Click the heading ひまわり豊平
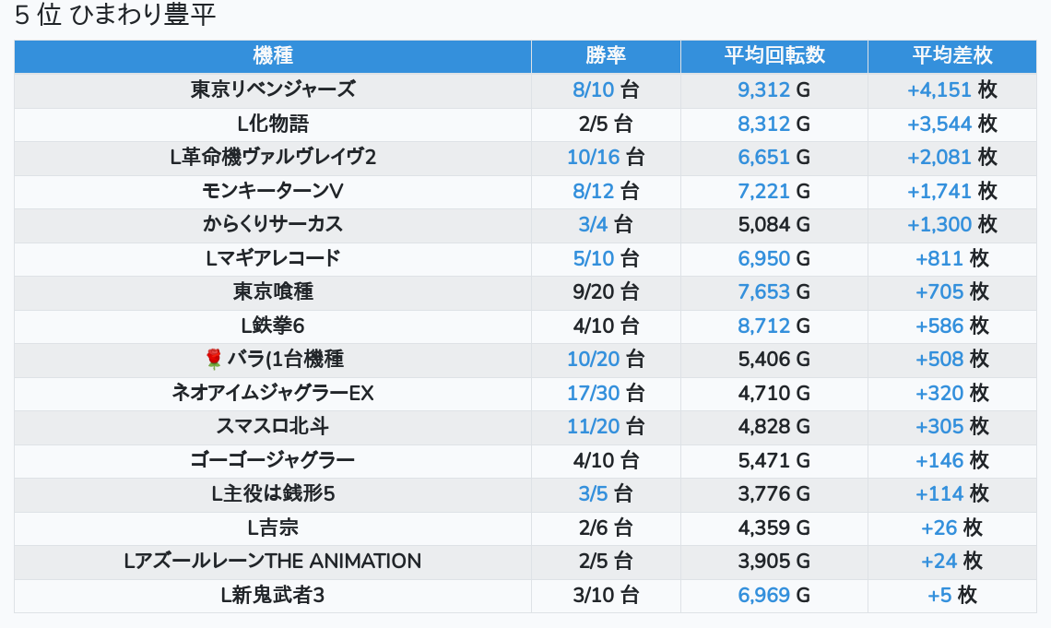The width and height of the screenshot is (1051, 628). point(114,16)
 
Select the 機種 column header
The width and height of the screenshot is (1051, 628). point(273,55)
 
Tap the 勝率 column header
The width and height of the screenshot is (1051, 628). point(606,55)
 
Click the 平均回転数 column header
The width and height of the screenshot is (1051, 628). point(773,55)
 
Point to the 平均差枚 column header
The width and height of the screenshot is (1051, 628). point(951,55)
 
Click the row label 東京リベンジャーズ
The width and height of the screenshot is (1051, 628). point(273,89)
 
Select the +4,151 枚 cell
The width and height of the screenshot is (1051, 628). point(951,90)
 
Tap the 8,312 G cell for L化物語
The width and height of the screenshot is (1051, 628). point(773,124)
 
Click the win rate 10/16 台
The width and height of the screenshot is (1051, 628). point(606,158)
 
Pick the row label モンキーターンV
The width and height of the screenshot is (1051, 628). point(273,191)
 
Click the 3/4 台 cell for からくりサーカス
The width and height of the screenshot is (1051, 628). point(606,225)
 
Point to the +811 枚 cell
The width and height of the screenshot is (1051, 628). point(951,258)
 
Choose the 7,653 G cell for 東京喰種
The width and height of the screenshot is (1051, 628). point(773,292)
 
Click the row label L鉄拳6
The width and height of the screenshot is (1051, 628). point(273,326)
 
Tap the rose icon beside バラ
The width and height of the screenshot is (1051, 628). point(214,359)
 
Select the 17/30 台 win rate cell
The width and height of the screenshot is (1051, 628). point(606,393)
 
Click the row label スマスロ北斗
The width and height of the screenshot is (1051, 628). point(273,426)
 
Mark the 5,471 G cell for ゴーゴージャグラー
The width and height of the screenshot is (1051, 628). point(773,460)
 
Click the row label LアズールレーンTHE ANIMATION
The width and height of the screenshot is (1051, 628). point(273,561)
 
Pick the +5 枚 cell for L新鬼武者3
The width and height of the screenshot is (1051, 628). point(951,595)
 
